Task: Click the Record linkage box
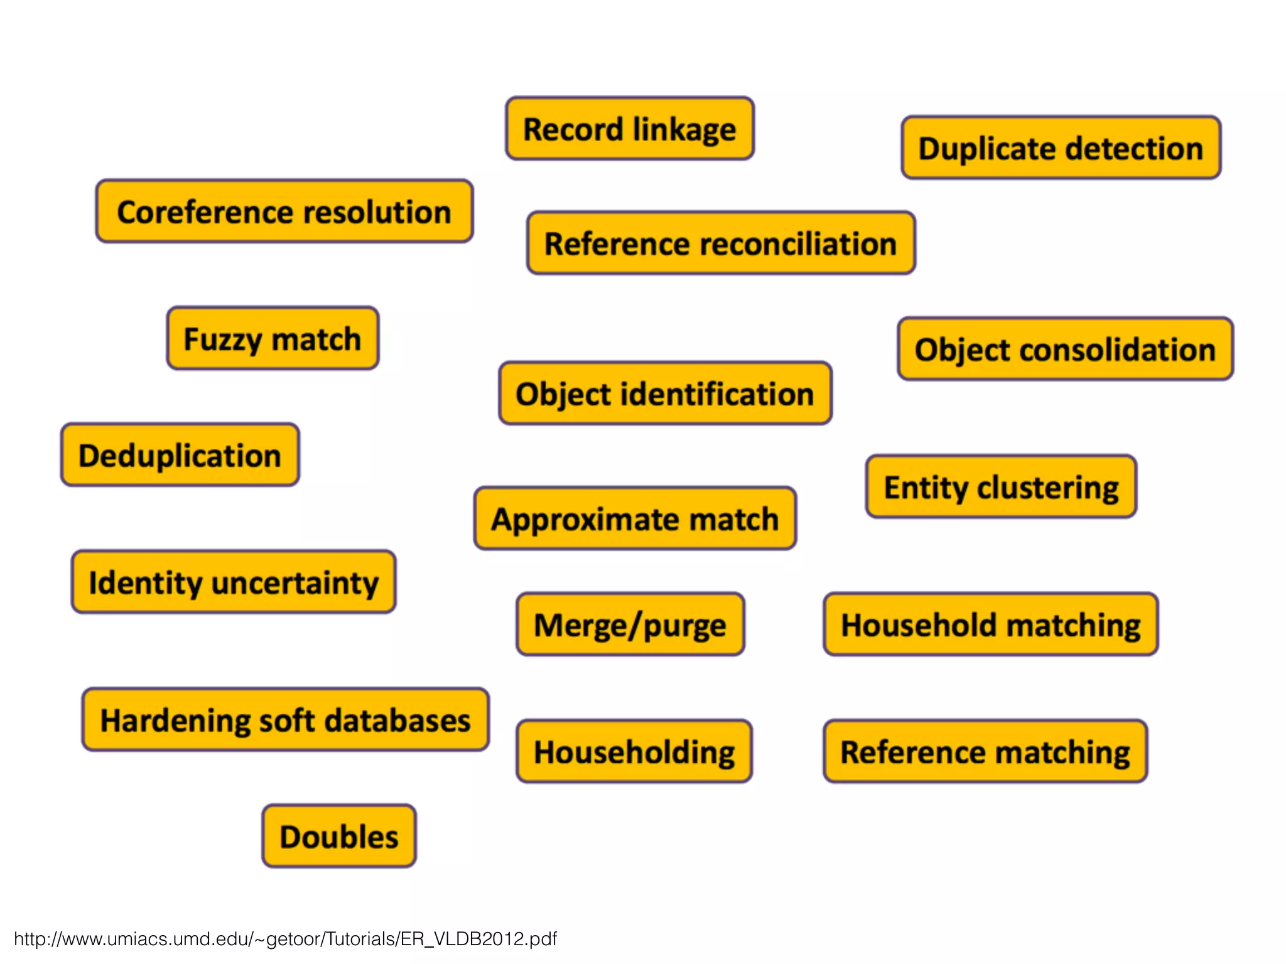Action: pos(630,129)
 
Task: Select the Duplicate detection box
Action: pos(1061,148)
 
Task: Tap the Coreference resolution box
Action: pos(284,212)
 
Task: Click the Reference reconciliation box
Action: pos(720,243)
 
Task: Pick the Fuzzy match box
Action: pos(273,338)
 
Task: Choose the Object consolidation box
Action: pos(1065,349)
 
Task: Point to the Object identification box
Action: pos(665,394)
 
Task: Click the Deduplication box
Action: pos(180,455)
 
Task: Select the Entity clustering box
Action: pos(1001,487)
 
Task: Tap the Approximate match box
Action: pos(635,519)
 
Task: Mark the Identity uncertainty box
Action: pos(234,582)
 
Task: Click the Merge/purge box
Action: pos(630,624)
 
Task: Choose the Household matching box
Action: pos(990,624)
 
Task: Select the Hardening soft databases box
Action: pos(285,720)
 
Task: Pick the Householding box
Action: pos(634,751)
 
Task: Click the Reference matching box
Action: pos(985,751)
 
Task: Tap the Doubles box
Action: pos(339,836)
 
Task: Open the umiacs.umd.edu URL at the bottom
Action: pos(286,939)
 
